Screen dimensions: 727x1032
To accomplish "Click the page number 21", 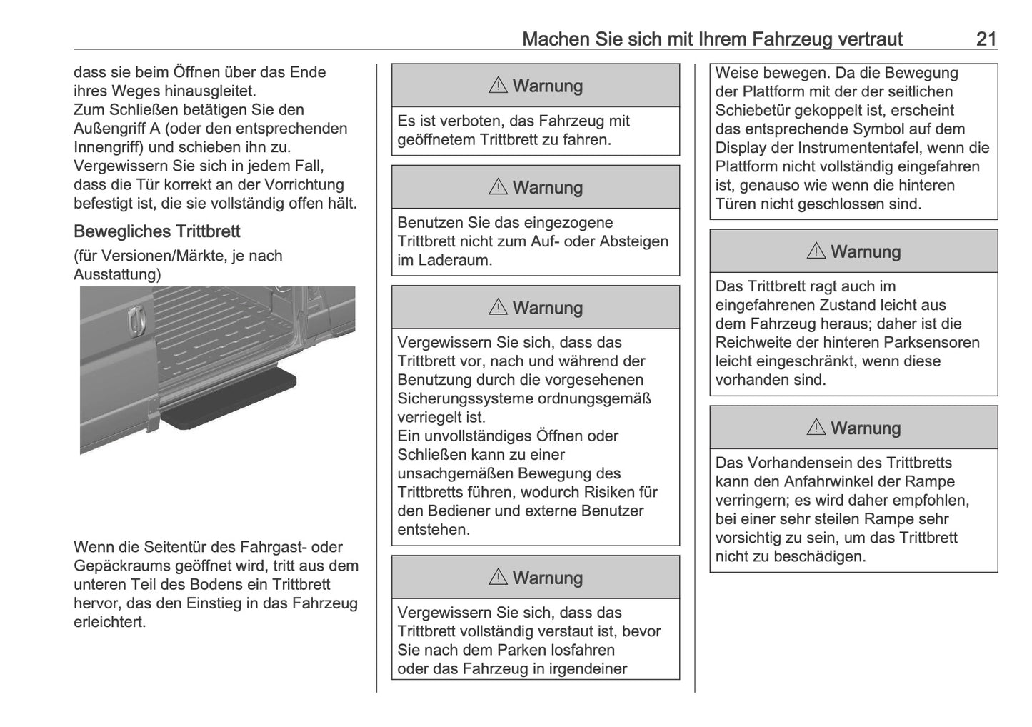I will pos(986,39).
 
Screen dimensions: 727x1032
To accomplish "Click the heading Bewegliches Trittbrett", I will pos(156,231).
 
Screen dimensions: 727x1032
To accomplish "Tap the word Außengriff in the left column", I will pos(107,129).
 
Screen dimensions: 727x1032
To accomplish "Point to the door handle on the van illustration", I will pos(134,321).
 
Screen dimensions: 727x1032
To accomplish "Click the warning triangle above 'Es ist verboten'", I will pos(498,86).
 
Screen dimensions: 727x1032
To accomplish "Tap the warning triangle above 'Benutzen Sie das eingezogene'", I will pos(498,187).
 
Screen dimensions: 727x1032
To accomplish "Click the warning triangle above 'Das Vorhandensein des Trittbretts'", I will pos(816,428).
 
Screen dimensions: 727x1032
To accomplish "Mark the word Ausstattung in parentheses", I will pos(115,274).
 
